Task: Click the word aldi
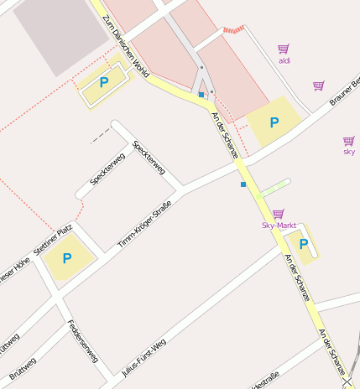click(x=284, y=60)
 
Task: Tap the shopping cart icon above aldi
click(x=284, y=49)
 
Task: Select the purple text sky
click(x=349, y=152)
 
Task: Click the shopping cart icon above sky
click(x=349, y=140)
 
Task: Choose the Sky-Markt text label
click(x=279, y=225)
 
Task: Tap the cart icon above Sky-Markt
click(x=279, y=213)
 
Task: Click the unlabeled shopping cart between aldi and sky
click(x=319, y=86)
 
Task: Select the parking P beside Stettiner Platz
click(x=67, y=258)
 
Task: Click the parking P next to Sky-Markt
click(x=304, y=244)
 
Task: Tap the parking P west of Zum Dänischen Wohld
click(x=104, y=82)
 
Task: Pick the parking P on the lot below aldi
click(x=274, y=122)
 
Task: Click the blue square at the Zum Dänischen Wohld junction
click(x=201, y=96)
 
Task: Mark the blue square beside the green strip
click(x=243, y=184)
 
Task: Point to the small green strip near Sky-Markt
click(x=275, y=187)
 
